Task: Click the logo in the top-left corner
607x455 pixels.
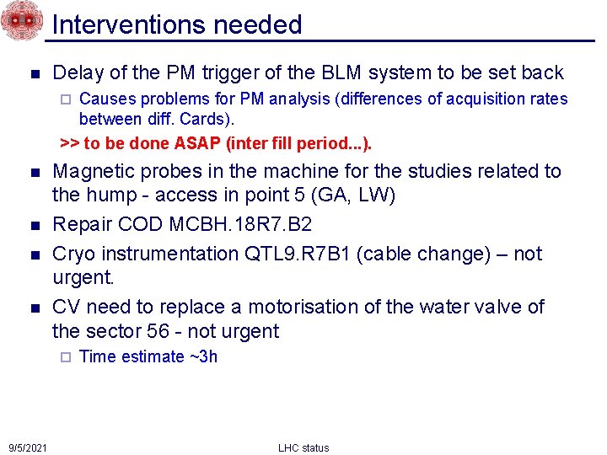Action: [x=22, y=20]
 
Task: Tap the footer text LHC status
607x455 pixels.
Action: [x=303, y=447]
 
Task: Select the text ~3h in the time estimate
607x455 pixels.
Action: [x=202, y=356]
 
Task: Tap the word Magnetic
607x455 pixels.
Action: [x=94, y=171]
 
